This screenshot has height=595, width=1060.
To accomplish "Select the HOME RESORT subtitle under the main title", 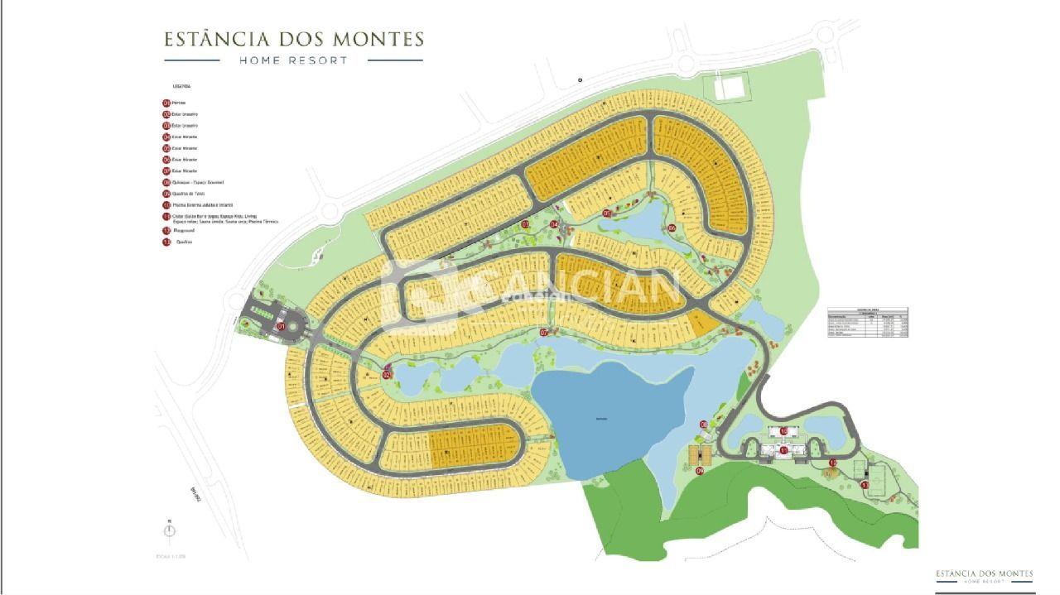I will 293,60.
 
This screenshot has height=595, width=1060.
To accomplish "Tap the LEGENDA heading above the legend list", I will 181,85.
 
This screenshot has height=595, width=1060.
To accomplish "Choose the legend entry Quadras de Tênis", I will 189,194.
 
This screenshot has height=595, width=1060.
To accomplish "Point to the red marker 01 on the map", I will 281,327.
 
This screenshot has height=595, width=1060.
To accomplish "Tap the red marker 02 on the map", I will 387,375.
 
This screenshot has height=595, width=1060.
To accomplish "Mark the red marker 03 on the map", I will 525,224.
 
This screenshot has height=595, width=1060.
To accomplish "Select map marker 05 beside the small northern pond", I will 607,214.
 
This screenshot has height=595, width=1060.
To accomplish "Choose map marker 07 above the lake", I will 544,333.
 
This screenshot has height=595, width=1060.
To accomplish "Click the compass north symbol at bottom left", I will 170,530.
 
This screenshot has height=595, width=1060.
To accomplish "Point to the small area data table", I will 868,322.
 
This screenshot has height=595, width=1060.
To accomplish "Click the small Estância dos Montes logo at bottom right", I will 984,576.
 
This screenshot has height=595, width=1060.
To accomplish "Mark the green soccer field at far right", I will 878,475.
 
